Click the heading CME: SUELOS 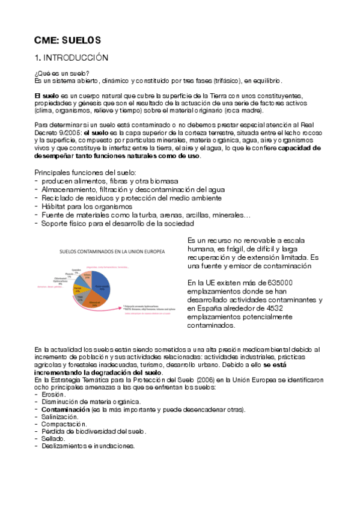click(67, 40)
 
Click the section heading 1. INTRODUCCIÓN click(71, 58)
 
